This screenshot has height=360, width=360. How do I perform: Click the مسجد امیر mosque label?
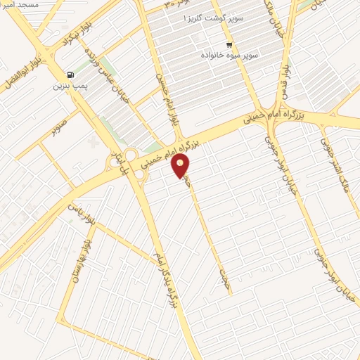(20, 5)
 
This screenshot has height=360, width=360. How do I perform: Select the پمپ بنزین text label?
(67, 87)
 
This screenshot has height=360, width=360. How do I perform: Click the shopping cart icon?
(229, 44)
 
